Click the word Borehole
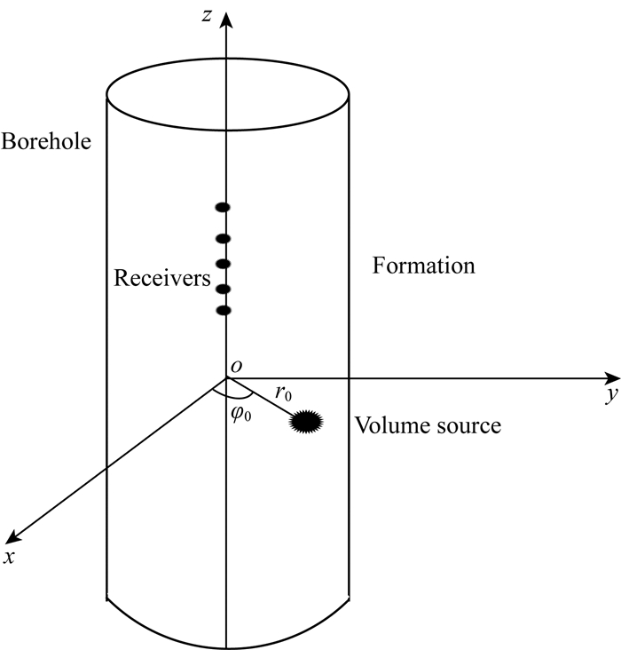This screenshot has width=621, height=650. pos(46,141)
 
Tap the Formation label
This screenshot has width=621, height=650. pos(424,266)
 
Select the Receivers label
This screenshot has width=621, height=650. pos(162,279)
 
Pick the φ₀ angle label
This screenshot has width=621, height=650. pos(240,413)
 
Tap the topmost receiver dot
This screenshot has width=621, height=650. pos(224,208)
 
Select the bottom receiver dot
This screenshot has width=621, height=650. pos(224,310)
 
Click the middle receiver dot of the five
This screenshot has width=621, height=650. pos(224,264)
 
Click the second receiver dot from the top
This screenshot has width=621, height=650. pos(224,238)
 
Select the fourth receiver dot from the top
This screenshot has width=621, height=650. pos(224,289)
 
